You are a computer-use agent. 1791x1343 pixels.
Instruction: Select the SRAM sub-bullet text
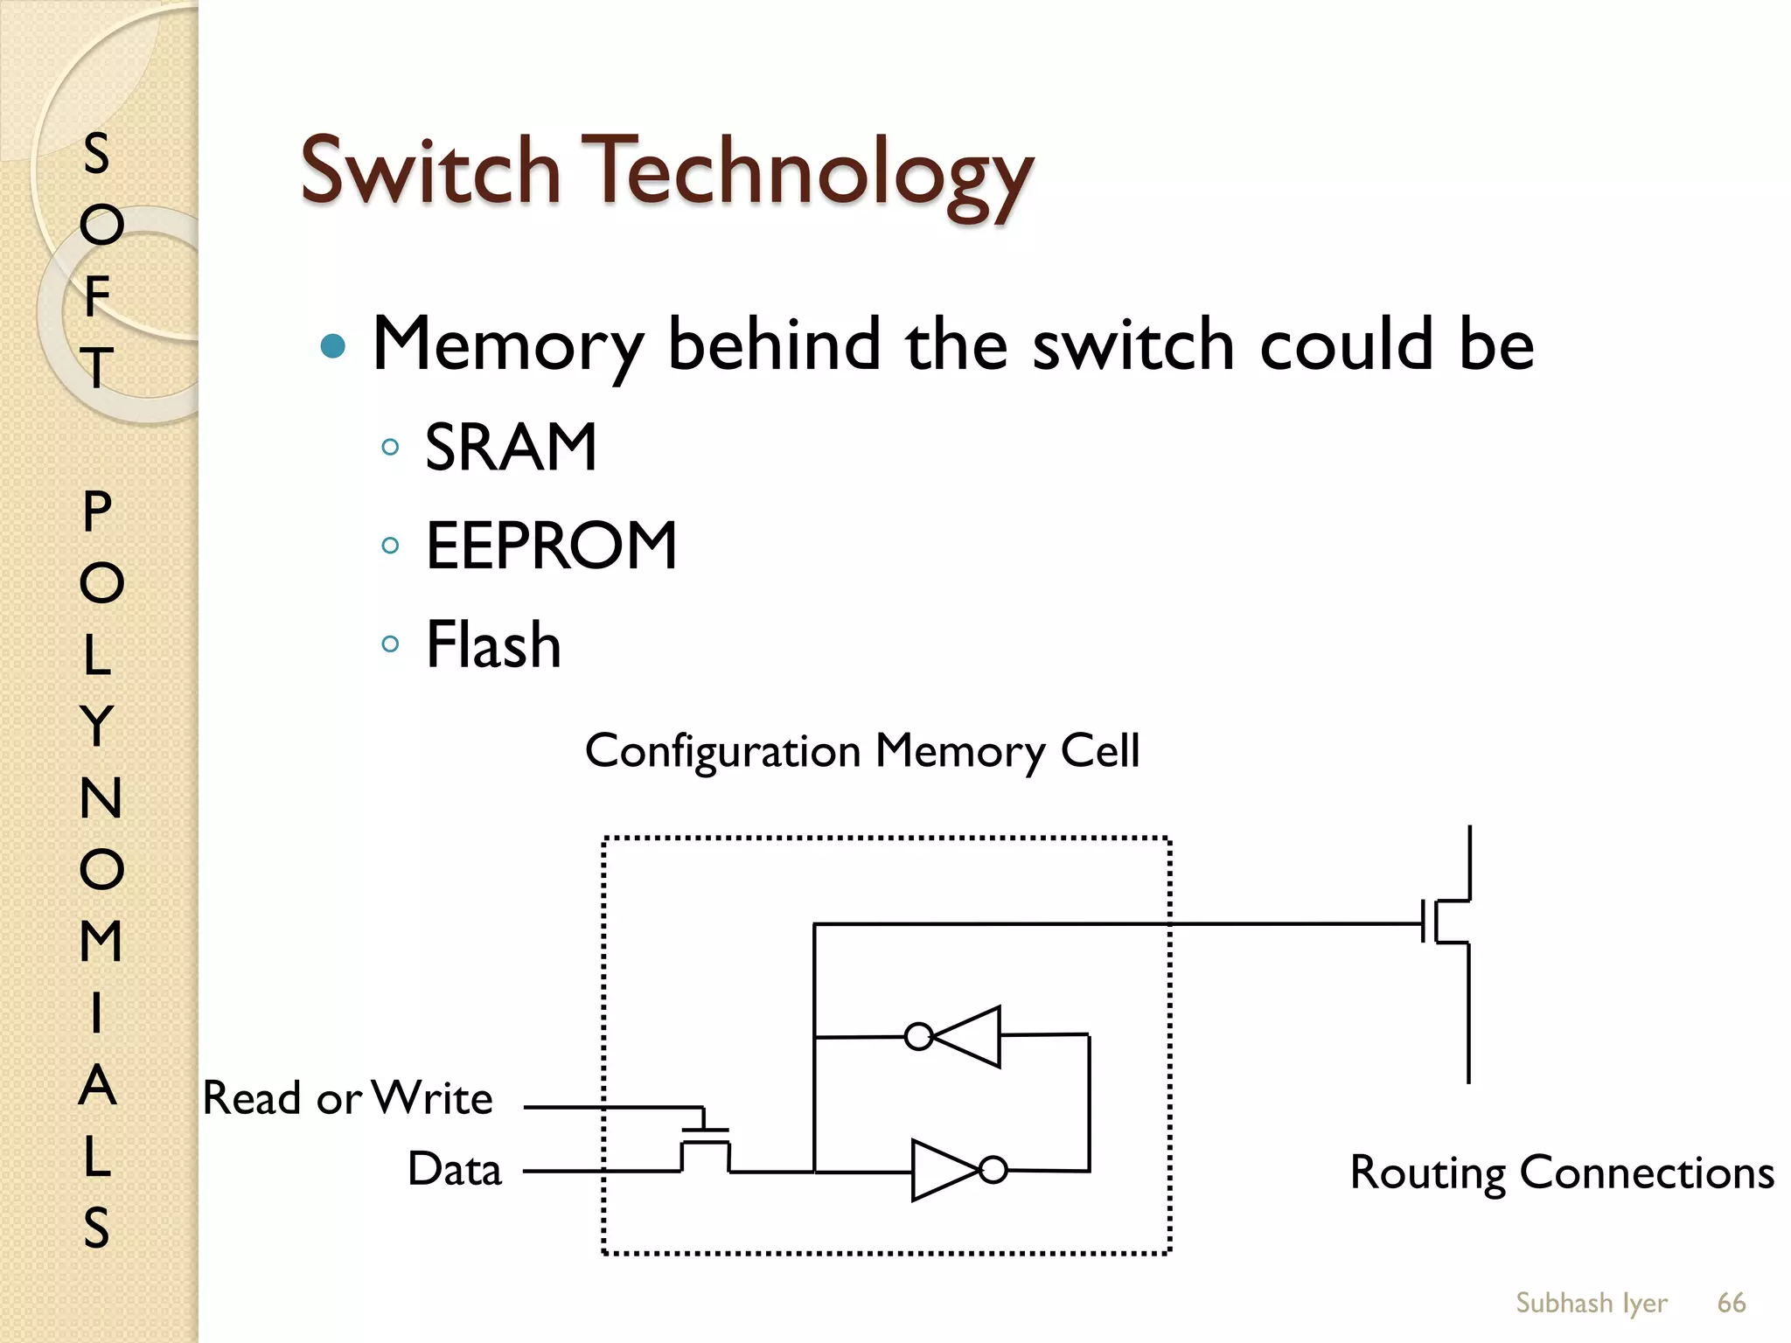tap(511, 447)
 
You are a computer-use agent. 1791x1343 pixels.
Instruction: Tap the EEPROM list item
tap(551, 546)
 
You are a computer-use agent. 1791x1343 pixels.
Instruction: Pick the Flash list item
tap(493, 644)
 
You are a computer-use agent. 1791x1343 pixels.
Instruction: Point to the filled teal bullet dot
tap(333, 346)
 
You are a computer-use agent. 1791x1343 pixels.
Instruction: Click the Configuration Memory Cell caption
tap(862, 751)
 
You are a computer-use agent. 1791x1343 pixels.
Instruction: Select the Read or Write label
tap(347, 1097)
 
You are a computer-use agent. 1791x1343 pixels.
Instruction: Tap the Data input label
tap(455, 1169)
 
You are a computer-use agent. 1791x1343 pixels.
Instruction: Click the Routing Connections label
tap(1562, 1172)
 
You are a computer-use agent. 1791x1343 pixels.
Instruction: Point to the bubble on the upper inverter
tap(918, 1037)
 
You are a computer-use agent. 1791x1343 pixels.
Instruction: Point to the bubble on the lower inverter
tap(993, 1170)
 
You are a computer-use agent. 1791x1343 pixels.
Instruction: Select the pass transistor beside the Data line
tap(705, 1141)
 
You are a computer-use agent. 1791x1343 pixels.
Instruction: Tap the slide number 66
tap(1731, 1303)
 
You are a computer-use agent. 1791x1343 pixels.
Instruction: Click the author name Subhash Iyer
tap(1591, 1303)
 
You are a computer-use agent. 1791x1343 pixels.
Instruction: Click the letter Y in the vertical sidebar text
tap(98, 726)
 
